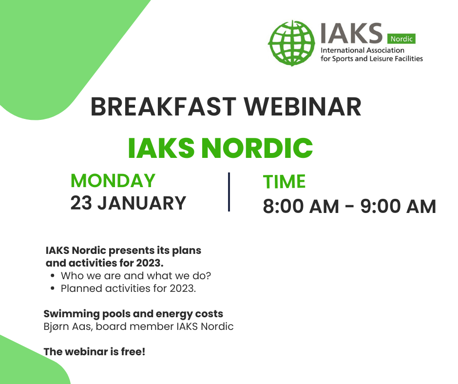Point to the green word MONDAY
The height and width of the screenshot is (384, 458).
113,181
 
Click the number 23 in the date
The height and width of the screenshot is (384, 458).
81,203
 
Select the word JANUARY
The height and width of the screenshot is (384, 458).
142,203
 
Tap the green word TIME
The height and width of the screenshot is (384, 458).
284,182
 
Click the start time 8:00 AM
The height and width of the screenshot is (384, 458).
301,207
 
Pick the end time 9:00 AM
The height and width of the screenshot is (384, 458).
398,207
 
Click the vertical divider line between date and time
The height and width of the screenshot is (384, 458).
229,192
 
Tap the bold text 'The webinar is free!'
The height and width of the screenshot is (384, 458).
95,351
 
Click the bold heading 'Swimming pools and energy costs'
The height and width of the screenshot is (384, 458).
134,314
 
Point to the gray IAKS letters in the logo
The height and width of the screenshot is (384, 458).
351,33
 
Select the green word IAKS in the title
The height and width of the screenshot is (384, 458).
160,148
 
